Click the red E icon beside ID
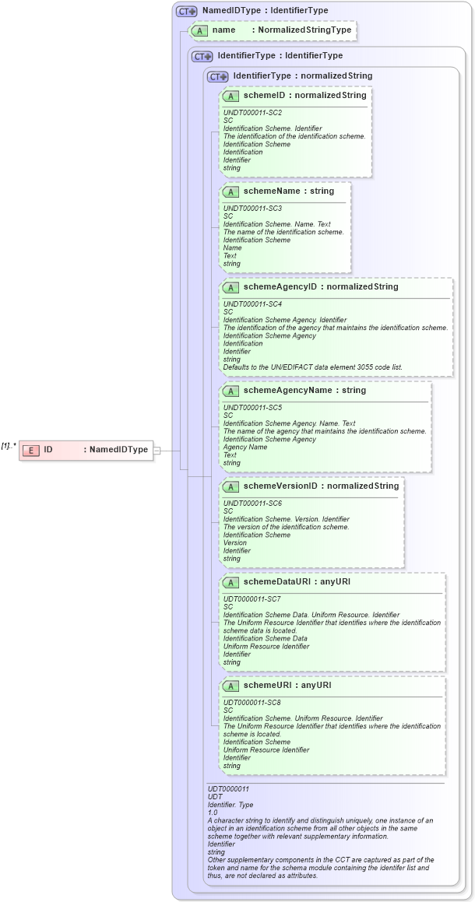pyautogui.click(x=32, y=450)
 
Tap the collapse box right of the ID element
pyautogui.click(x=157, y=450)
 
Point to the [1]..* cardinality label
pyautogui.click(x=9, y=445)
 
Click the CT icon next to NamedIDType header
pyautogui.click(x=186, y=11)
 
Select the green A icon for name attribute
pyautogui.click(x=200, y=30)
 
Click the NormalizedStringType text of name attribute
pyautogui.click(x=304, y=30)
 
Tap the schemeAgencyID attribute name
pyautogui.click(x=280, y=286)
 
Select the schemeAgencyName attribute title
pyautogui.click(x=287, y=390)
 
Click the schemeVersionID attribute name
pyautogui.click(x=280, y=486)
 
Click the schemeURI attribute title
pyautogui.click(x=266, y=685)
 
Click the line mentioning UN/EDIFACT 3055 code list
pyautogui.click(x=312, y=367)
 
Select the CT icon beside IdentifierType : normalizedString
pyautogui.click(x=217, y=76)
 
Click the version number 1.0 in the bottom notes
pyautogui.click(x=213, y=813)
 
